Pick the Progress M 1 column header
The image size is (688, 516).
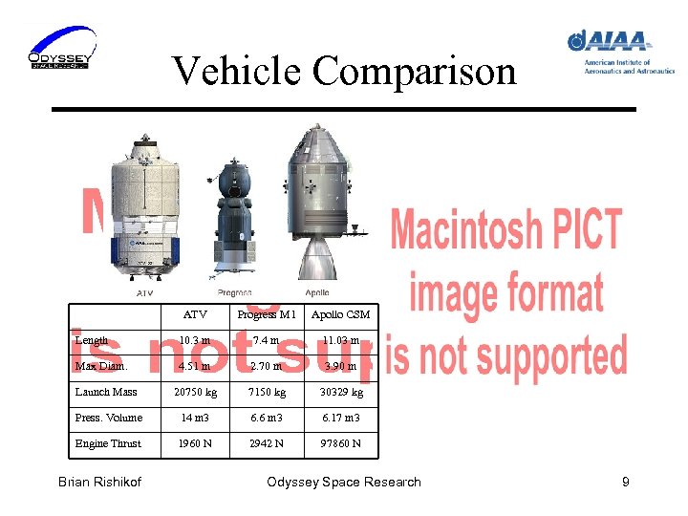[267, 314]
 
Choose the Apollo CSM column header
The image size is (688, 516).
[340, 314]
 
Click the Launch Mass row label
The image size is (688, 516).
[106, 392]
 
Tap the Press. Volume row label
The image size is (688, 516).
[108, 418]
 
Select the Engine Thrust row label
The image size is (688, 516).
[108, 443]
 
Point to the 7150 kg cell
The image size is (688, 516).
[266, 392]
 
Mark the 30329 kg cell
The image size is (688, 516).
[340, 392]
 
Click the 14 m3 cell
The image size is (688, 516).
[194, 418]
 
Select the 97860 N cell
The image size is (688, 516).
[340, 443]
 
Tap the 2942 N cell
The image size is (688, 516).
[266, 443]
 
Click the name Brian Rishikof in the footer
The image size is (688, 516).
[99, 482]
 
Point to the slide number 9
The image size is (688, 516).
[625, 482]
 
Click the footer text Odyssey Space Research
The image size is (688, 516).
[344, 482]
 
